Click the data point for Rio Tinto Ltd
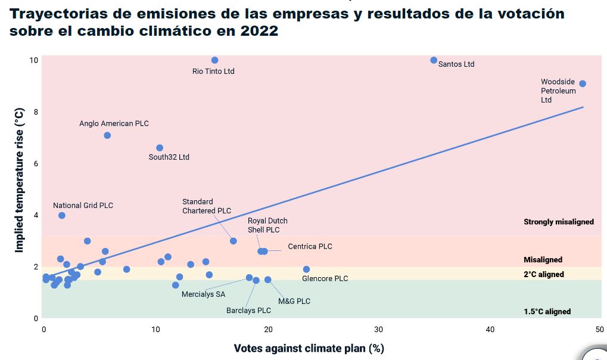[x=214, y=60]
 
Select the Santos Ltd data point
[x=434, y=60]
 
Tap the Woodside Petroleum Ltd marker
[x=583, y=83]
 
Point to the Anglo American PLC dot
[x=107, y=135]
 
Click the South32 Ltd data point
[x=160, y=148]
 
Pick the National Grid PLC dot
[x=62, y=215]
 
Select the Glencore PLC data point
[x=306, y=269]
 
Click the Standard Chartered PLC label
[x=206, y=206]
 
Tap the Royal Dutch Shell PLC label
[x=267, y=225]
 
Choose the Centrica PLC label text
[x=310, y=246]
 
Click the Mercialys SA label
[x=204, y=294]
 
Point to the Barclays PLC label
[x=248, y=311]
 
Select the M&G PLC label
[x=294, y=301]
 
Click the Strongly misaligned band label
[x=558, y=222]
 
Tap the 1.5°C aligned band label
[x=547, y=311]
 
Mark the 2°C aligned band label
[x=543, y=274]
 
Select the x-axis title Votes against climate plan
[x=309, y=348]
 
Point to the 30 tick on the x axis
[x=379, y=330]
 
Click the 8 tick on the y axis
[x=35, y=112]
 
